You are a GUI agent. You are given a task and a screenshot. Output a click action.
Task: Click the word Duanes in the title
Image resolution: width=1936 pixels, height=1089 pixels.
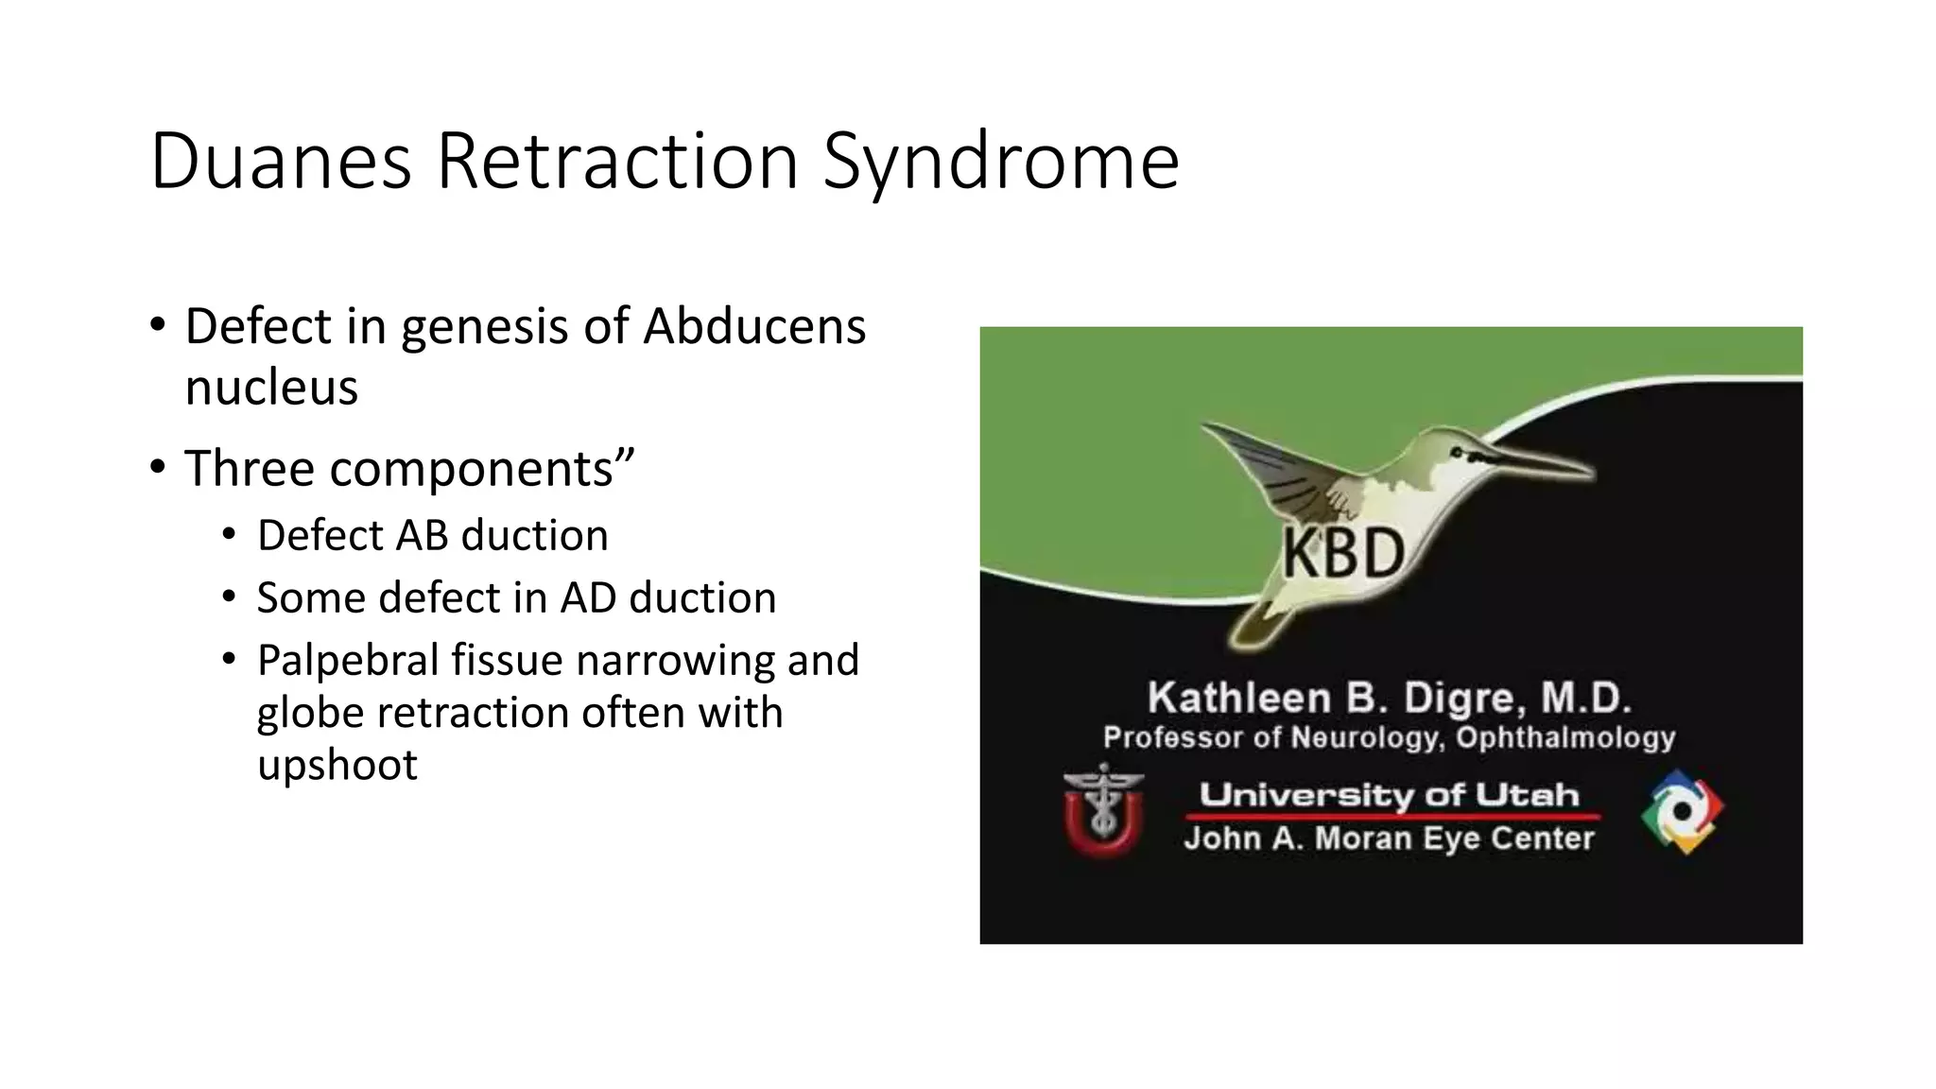[281, 162]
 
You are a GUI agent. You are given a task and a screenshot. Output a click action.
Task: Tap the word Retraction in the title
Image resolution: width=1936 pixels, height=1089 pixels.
[616, 162]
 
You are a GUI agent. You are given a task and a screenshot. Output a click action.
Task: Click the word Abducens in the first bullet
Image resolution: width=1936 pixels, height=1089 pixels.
[753, 326]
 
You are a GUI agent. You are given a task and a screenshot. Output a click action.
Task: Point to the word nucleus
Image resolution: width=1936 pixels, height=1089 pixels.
[271, 388]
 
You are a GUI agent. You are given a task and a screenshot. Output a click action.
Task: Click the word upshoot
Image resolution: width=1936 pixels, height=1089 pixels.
[337, 765]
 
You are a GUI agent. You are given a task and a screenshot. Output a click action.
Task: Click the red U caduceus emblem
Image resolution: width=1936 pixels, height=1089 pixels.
[1103, 811]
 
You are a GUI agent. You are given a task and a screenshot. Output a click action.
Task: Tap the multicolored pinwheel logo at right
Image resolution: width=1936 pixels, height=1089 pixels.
[1683, 811]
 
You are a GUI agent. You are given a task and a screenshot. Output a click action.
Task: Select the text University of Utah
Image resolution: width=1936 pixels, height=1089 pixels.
[1390, 795]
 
